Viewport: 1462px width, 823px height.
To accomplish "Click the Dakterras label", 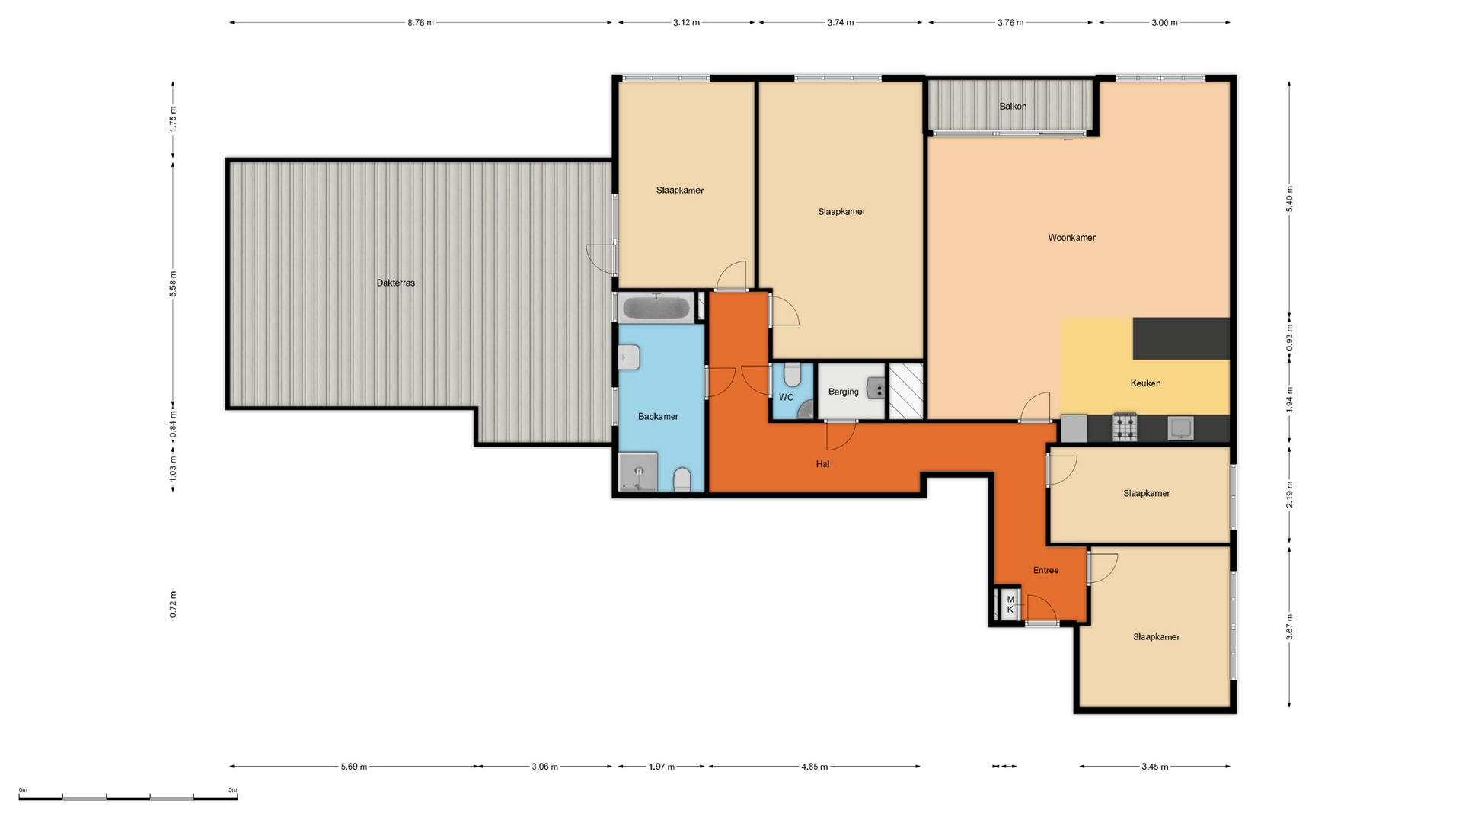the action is (x=396, y=283).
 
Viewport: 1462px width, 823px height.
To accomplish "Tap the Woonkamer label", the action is (x=1071, y=238).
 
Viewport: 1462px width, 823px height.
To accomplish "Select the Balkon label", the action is (x=1013, y=107).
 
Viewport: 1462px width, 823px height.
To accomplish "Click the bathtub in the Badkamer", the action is (x=656, y=309).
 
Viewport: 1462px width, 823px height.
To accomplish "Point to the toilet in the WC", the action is (x=792, y=375).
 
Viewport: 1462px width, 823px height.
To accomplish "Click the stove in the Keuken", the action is (x=1125, y=428).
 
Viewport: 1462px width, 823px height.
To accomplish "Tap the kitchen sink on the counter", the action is (x=1180, y=428).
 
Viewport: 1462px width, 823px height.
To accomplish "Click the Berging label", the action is (x=844, y=392).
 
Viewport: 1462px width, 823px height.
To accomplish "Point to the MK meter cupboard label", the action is (x=1010, y=604).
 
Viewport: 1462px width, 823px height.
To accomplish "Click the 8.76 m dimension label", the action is (x=420, y=23).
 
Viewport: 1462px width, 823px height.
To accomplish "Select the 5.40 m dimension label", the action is (x=1290, y=199).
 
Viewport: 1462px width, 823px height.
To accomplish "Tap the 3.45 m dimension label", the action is (x=1154, y=767).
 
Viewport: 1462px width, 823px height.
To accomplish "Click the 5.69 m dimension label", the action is (x=354, y=767).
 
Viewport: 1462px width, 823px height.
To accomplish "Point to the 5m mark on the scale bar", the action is (x=233, y=790).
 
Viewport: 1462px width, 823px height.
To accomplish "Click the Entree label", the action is (x=1045, y=570).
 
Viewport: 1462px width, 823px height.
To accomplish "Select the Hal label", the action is (x=822, y=464).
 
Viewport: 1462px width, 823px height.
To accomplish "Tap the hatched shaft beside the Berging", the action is (x=906, y=391).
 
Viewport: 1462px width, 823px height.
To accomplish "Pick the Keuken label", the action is (x=1145, y=383).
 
